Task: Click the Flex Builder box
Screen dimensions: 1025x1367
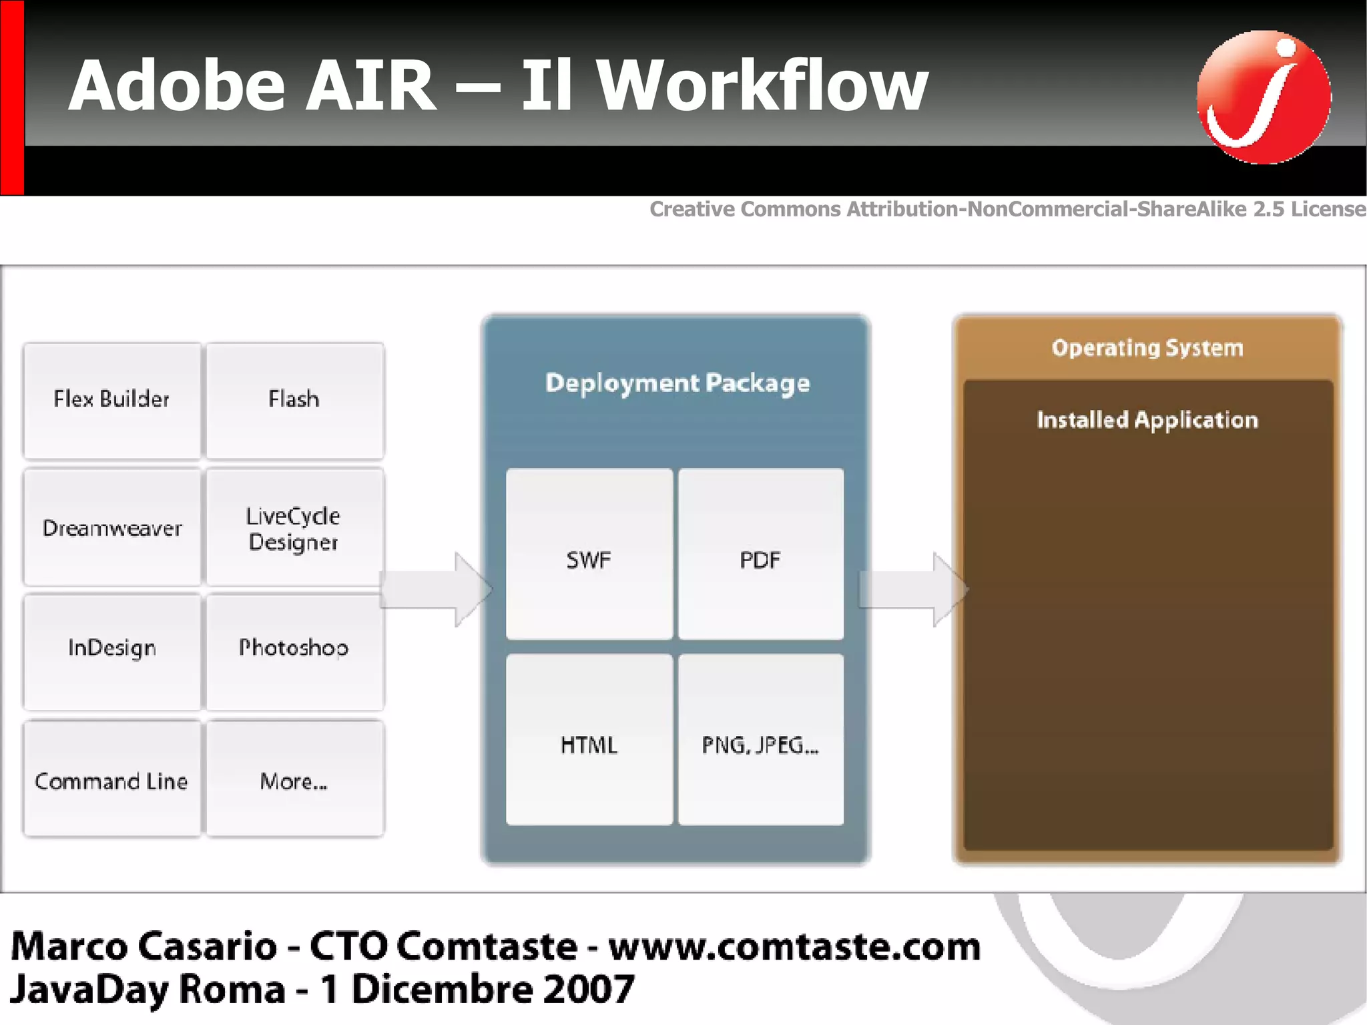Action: (111, 400)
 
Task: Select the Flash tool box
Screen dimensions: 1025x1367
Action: (294, 400)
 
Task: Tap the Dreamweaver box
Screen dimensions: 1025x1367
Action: (111, 528)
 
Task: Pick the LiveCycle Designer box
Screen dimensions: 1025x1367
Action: (294, 528)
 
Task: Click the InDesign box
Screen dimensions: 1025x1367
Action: (111, 650)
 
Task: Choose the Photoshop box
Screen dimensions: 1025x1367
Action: (294, 650)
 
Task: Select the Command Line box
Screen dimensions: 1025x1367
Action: (111, 779)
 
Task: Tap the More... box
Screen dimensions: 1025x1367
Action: (294, 779)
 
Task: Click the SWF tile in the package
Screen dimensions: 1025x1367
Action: (589, 554)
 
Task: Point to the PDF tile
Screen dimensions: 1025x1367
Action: (760, 554)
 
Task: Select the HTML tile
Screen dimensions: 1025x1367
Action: (589, 740)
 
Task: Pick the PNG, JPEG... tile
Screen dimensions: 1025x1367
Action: (760, 740)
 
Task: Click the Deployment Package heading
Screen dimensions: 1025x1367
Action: (677, 383)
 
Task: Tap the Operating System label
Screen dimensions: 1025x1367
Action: (1147, 348)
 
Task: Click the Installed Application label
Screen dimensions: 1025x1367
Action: (1147, 420)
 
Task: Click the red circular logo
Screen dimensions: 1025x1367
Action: (1263, 97)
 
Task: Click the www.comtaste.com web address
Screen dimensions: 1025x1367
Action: (794, 947)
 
